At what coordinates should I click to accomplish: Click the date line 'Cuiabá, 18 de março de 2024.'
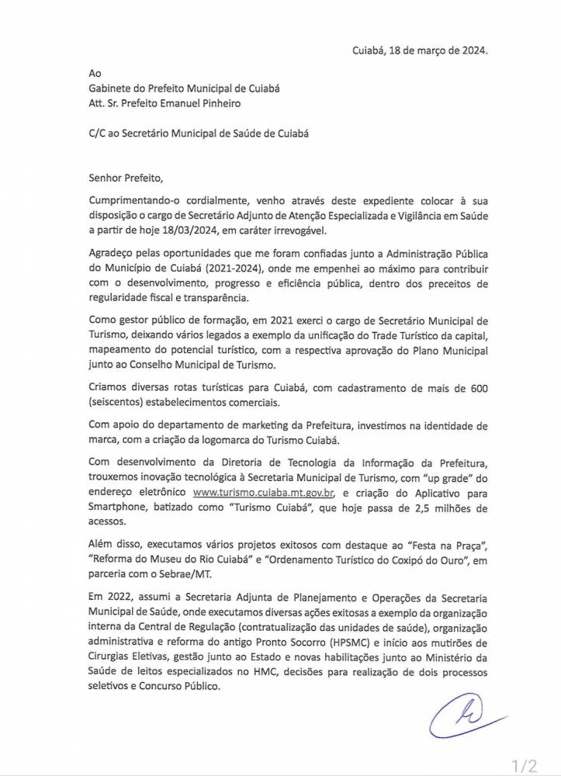[x=421, y=51]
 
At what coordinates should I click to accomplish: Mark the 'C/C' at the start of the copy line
[x=96, y=133]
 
